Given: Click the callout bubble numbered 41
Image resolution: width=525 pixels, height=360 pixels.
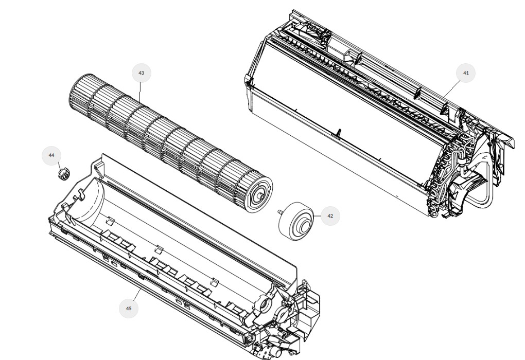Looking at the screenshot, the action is pos(466,73).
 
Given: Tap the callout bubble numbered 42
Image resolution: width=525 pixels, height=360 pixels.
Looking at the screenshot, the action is pos(330,216).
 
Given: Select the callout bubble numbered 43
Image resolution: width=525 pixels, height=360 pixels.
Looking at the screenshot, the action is pos(142,73).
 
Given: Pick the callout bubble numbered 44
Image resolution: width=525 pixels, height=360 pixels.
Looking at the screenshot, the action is pos(51,156).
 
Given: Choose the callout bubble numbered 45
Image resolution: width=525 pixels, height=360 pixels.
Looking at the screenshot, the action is pos(129,309).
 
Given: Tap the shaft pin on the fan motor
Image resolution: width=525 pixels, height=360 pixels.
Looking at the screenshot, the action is pos(279,212).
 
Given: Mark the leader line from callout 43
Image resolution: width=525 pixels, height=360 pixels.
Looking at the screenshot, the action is pos(141,92).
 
